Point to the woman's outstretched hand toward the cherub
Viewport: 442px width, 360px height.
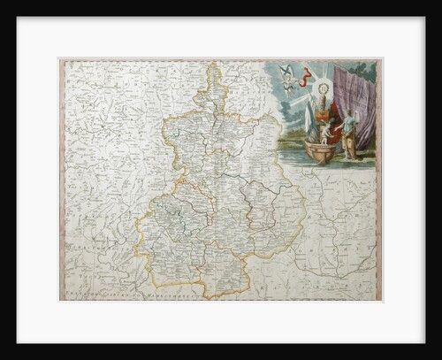pos(339,123)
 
